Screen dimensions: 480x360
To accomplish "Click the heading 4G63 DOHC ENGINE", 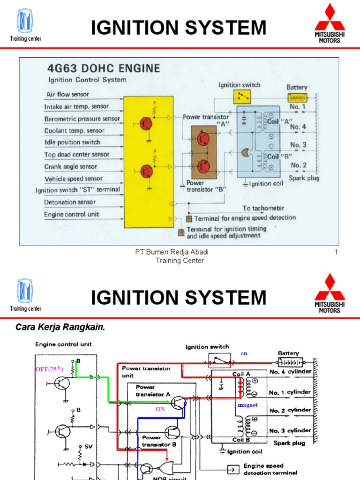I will point(103,68).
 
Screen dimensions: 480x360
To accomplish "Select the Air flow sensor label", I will point(67,94).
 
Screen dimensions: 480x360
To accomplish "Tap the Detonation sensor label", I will point(70,202).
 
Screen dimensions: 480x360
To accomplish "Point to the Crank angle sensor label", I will point(71,166).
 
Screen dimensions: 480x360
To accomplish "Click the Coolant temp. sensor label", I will point(74,131).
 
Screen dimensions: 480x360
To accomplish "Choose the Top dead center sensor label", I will point(77,154).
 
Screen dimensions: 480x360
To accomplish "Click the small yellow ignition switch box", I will point(242,97).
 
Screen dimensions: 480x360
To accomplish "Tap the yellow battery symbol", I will point(297,97).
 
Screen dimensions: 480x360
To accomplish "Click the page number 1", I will point(336,253).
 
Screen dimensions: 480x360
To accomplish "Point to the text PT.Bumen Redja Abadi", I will point(172,253).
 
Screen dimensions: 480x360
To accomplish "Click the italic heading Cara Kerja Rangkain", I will point(60,327).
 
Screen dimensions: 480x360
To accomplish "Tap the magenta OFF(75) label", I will point(49,369).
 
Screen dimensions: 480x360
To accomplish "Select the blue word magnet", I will point(248,405).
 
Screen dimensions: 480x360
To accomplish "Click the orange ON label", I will point(161,409).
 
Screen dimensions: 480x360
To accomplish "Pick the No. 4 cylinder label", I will point(290,372).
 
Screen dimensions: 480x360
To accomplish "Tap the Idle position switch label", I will point(72,142).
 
